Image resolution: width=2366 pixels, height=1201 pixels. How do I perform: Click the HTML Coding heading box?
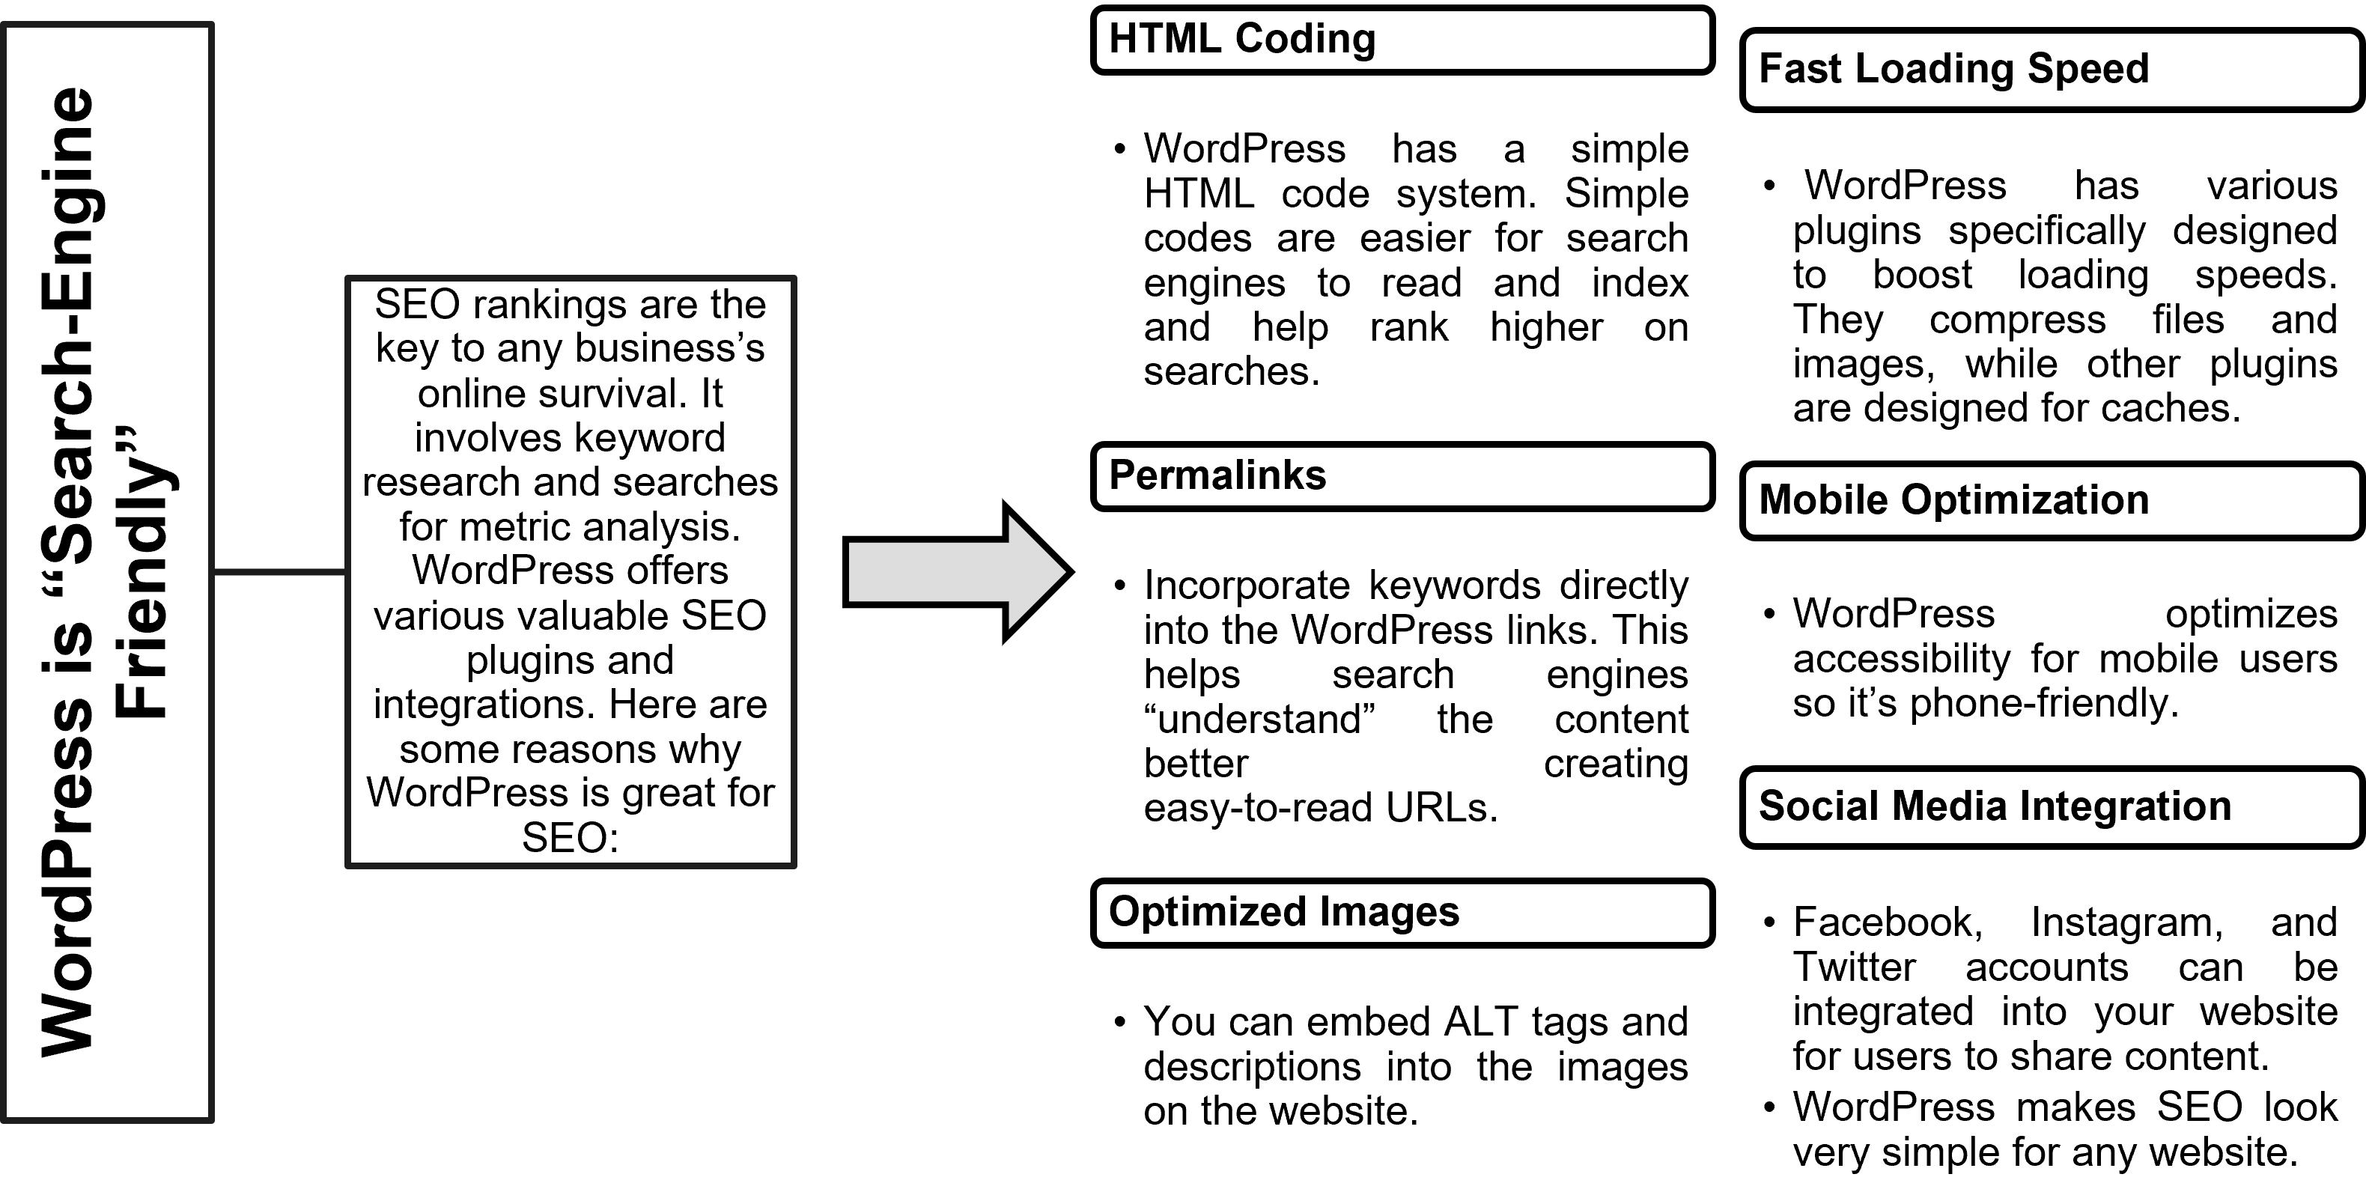tap(1402, 40)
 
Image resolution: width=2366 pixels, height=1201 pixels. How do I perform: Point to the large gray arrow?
tap(957, 572)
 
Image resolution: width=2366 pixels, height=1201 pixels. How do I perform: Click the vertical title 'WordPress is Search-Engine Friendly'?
tap(109, 572)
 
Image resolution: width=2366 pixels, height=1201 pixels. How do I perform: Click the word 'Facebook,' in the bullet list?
tap(1888, 922)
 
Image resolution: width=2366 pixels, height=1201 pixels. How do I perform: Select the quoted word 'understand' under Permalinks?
tap(1259, 719)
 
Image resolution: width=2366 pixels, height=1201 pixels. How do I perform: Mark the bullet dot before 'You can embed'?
tap(1119, 1022)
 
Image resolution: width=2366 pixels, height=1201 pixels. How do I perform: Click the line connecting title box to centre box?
tap(279, 572)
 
